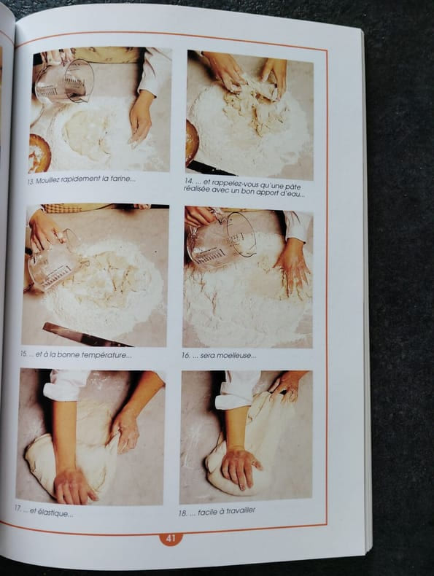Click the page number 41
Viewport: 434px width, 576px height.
click(171, 539)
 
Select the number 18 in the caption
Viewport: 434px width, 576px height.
click(182, 513)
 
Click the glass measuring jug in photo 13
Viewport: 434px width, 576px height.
click(65, 82)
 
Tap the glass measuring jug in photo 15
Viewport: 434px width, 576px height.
click(55, 261)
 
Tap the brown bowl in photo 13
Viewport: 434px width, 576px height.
click(39, 154)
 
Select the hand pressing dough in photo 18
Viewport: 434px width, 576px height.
click(240, 467)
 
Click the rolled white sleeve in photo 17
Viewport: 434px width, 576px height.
click(66, 386)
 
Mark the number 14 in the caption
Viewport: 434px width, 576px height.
click(188, 182)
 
